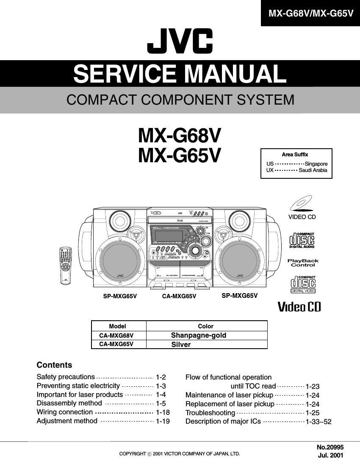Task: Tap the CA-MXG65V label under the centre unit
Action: [x=179, y=297]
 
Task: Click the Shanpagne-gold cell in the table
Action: [x=199, y=335]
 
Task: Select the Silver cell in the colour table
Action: [x=181, y=344]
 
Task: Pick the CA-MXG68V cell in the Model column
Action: [x=116, y=335]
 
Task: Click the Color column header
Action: [x=205, y=326]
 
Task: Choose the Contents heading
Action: [x=54, y=365]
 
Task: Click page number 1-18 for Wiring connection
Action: [x=163, y=412]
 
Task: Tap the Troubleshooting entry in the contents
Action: [x=210, y=413]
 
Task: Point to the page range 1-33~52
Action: [x=318, y=422]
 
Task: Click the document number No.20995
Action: [x=330, y=447]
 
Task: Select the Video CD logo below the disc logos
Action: [x=299, y=306]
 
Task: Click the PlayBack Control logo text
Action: [x=303, y=263]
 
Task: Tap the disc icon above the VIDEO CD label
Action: [x=301, y=203]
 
